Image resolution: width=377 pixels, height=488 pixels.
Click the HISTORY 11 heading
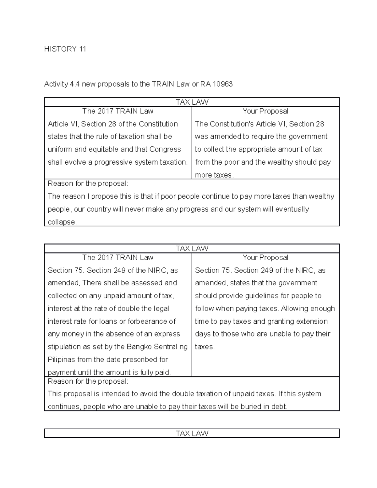[65, 49]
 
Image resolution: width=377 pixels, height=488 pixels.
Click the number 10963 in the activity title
[222, 84]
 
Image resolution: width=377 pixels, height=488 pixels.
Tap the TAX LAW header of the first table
[192, 102]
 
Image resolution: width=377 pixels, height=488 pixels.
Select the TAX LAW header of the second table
[192, 249]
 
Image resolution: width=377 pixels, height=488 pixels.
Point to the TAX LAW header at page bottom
[192, 433]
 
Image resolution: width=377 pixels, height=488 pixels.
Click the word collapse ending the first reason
[62, 222]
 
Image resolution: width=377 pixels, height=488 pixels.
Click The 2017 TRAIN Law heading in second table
[118, 257]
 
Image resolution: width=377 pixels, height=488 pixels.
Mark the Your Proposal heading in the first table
[265, 111]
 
